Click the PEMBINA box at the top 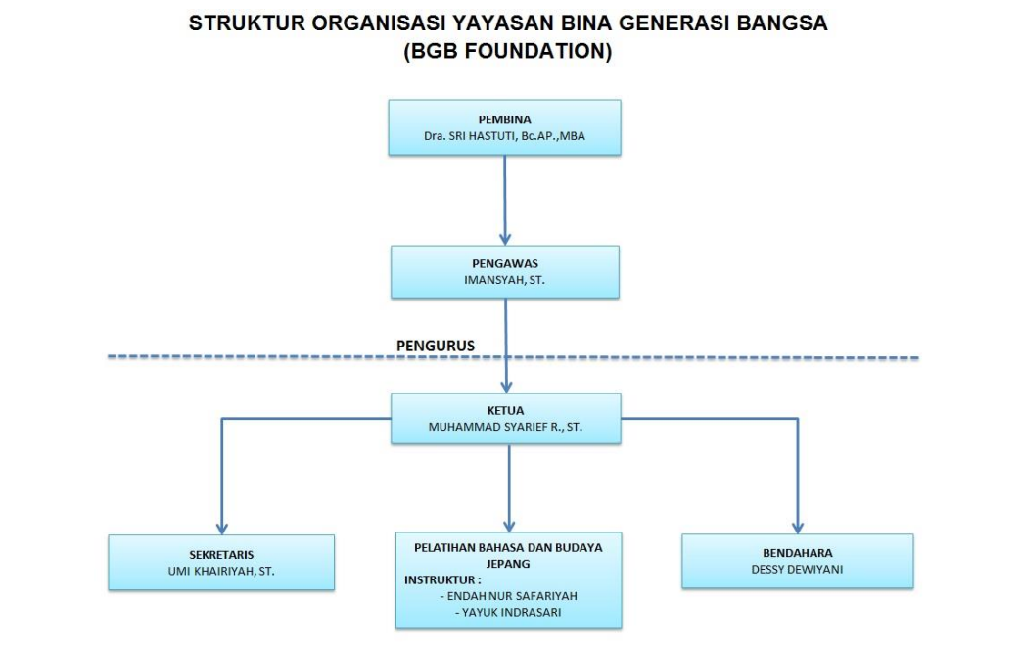(504, 127)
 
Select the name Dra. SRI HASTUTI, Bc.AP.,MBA (504, 136)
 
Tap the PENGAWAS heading (505, 263)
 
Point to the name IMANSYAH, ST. (505, 280)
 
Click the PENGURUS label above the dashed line (436, 346)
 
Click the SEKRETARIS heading (221, 554)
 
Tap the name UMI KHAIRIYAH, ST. (221, 570)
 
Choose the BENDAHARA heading (797, 552)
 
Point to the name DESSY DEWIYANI (797, 568)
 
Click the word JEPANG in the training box (508, 564)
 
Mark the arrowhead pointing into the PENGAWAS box (505, 238)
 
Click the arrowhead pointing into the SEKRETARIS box (221, 527)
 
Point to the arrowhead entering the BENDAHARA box (797, 527)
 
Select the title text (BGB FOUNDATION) (508, 53)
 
